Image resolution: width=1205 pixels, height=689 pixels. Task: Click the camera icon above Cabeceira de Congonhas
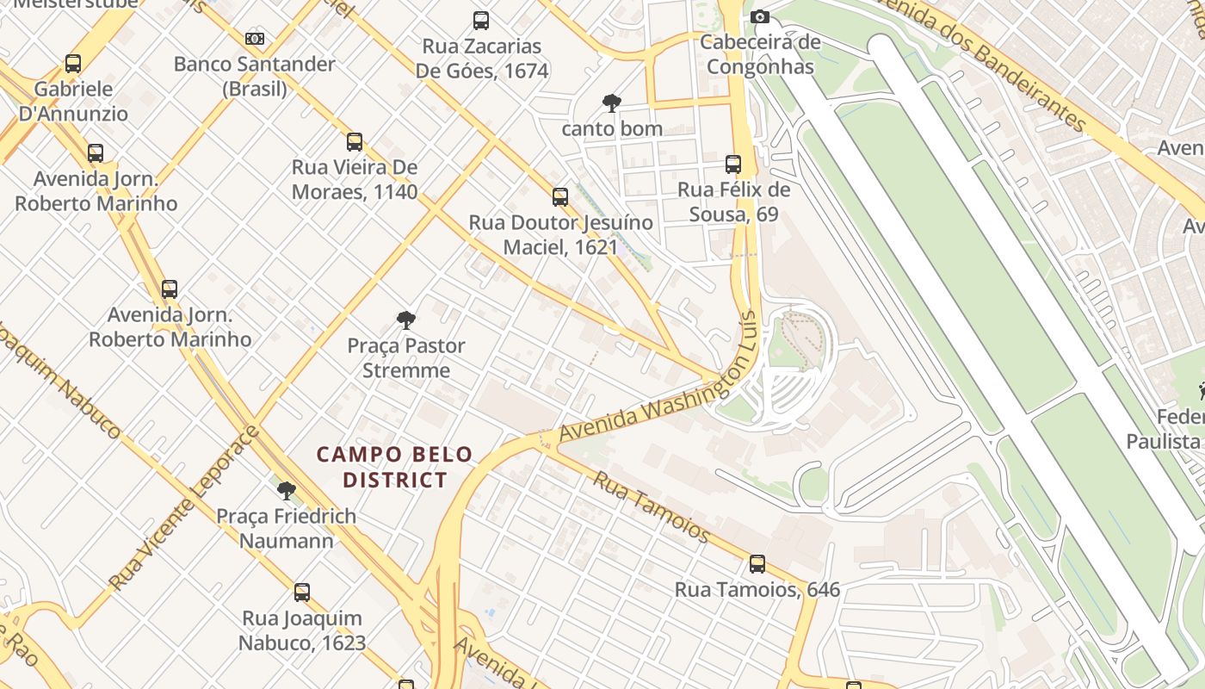coord(759,17)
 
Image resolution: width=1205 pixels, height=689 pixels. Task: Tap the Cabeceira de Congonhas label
coord(759,54)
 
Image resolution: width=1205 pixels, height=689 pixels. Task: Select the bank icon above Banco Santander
coord(254,39)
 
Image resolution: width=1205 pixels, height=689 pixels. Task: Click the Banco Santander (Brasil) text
coord(254,76)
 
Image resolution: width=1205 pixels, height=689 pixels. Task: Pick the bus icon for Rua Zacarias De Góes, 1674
coord(481,21)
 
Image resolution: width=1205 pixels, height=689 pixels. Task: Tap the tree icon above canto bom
coord(611,103)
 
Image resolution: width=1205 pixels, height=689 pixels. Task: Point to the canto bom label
coord(611,129)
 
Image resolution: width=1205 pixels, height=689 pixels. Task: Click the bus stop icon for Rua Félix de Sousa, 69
coord(733,164)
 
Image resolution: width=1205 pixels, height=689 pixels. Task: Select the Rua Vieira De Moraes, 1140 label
coord(355,179)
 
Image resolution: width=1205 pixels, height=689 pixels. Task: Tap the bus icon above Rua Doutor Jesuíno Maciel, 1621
coord(560,197)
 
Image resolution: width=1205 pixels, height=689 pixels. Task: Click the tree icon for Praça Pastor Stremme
coord(406,320)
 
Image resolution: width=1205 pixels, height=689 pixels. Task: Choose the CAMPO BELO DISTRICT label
coord(395,467)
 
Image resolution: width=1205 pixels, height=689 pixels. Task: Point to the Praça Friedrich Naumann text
coord(286,528)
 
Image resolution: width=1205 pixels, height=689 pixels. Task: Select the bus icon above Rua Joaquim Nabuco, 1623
coord(302,593)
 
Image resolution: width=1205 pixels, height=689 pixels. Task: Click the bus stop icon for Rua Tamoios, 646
coord(757,564)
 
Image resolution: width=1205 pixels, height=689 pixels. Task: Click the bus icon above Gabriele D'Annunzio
coord(73,64)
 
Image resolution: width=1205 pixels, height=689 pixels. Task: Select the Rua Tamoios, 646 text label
coord(757,590)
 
